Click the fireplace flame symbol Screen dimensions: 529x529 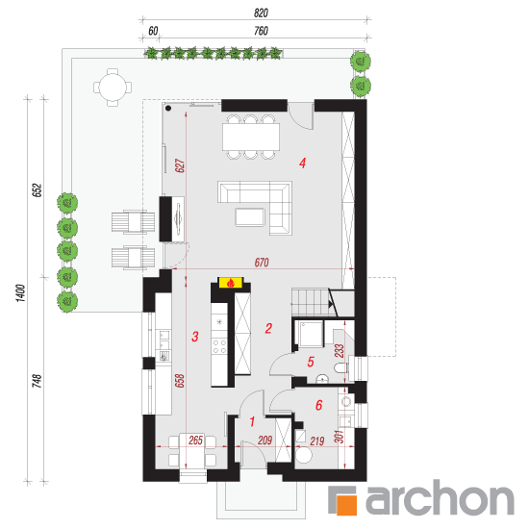(x=231, y=283)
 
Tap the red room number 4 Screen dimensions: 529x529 (x=302, y=164)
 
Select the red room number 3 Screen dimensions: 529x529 (x=195, y=337)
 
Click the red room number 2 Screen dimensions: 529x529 (x=268, y=328)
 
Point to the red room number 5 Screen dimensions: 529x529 (x=311, y=362)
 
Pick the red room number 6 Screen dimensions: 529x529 (x=318, y=405)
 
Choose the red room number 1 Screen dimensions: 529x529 (x=252, y=421)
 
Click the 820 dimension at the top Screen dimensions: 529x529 (x=261, y=13)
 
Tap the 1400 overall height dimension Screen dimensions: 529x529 (x=20, y=292)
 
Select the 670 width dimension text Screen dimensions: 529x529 (x=262, y=263)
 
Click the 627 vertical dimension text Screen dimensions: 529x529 (x=180, y=165)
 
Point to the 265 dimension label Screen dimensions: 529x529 (x=195, y=441)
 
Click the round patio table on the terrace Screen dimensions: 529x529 (x=113, y=88)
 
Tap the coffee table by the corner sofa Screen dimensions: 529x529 (x=250, y=217)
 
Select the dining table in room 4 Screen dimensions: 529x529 (x=251, y=137)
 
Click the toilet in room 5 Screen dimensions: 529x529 (x=340, y=367)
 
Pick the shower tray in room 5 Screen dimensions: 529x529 (x=310, y=334)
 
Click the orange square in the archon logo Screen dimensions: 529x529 (x=346, y=505)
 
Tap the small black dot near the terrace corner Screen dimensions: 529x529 (x=168, y=109)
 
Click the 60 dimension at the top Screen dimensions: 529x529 (x=153, y=31)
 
